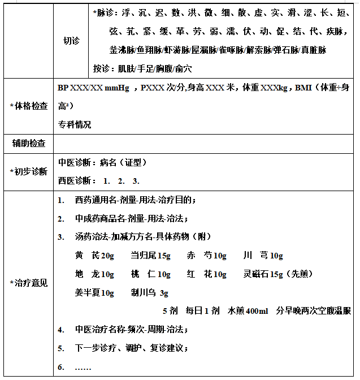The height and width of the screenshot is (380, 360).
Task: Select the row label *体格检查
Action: click(x=29, y=106)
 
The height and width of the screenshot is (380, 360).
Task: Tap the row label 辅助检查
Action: click(x=29, y=143)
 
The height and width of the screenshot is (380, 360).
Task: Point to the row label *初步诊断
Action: click(x=29, y=171)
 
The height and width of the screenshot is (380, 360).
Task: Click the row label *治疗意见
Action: click(x=29, y=283)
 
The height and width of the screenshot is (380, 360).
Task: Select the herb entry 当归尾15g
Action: click(x=150, y=256)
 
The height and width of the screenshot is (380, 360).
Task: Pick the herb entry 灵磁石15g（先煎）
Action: click(x=275, y=274)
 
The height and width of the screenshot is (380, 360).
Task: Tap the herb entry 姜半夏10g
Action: click(x=94, y=293)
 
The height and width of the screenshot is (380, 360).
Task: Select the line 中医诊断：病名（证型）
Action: click(x=103, y=162)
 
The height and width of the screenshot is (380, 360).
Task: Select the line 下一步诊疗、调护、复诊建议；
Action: click(x=132, y=348)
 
